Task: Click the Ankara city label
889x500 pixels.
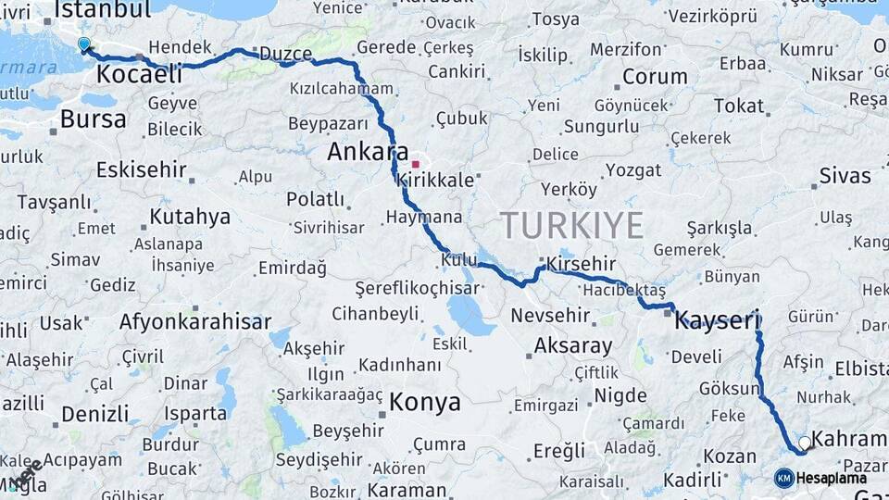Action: [x=368, y=151]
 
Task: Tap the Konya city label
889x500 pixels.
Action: [x=424, y=402]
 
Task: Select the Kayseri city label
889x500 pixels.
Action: [x=718, y=320]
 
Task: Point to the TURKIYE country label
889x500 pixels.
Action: [x=571, y=225]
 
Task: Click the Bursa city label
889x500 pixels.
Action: [x=93, y=119]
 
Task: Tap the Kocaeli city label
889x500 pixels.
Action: [x=138, y=73]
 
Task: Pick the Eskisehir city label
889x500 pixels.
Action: [x=141, y=170]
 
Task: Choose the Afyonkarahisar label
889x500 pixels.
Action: [x=194, y=322]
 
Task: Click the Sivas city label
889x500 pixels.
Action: [x=845, y=175]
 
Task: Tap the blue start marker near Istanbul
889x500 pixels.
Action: [x=84, y=44]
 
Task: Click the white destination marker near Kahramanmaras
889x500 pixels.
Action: [x=804, y=444]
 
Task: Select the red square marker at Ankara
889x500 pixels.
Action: [x=415, y=164]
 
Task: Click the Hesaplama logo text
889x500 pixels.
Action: [x=832, y=478]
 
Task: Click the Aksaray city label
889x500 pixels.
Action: [x=573, y=346]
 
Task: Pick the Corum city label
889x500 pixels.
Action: [x=655, y=76]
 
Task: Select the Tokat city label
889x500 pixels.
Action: [x=738, y=106]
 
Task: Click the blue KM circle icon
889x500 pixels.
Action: [x=783, y=478]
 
